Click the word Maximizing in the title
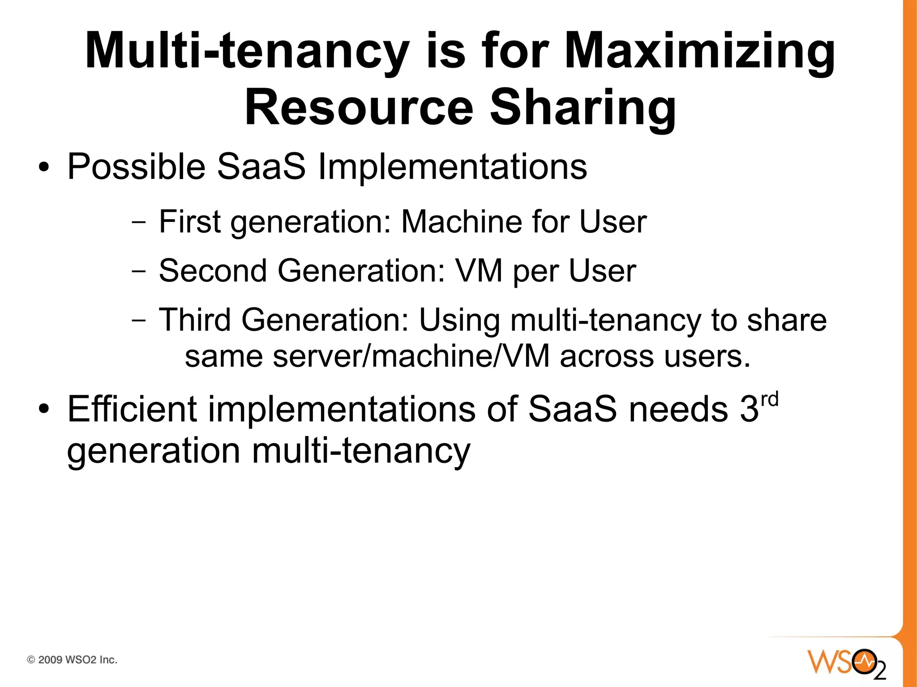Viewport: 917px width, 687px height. [699, 51]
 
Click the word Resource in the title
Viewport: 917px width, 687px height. [359, 108]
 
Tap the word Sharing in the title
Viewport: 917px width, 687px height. [583, 108]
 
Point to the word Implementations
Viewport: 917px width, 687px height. [452, 167]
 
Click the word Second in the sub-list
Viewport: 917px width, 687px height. [213, 271]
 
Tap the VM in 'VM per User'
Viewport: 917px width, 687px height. [478, 271]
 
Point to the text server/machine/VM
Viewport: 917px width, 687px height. [411, 357]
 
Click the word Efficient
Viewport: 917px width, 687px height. [132, 409]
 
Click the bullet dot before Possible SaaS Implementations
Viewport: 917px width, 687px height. [43, 168]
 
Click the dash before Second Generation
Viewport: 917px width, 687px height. [139, 271]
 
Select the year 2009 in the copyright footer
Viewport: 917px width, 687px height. [50, 660]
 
